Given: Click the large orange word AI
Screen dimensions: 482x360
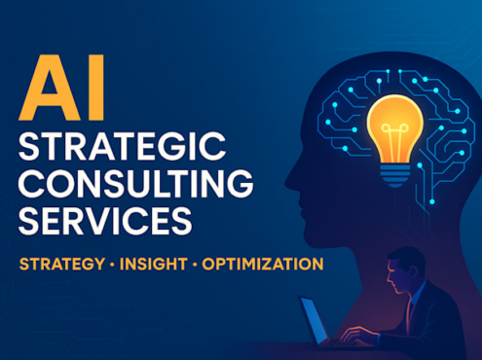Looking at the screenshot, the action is tap(61, 88).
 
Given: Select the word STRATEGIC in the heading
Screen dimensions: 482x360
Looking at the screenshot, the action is tap(122, 146).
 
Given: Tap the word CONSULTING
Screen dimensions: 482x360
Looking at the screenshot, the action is tap(135, 183).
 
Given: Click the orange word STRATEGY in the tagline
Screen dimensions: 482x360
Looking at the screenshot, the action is tap(62, 264).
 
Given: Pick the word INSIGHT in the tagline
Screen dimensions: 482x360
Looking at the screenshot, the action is tap(154, 264).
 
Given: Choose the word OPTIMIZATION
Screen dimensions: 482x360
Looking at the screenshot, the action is tap(263, 264).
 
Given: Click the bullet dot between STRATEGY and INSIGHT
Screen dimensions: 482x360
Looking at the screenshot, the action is tap(112, 265).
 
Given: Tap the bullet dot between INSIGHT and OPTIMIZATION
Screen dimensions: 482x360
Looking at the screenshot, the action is tap(195, 265).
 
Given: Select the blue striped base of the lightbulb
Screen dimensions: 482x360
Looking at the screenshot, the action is tap(395, 175).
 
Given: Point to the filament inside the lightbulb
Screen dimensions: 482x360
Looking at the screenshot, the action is tap(394, 139).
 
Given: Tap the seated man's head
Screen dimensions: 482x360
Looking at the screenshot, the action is tap(405, 270).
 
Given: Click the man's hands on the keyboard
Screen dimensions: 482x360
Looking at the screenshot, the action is tap(356, 337).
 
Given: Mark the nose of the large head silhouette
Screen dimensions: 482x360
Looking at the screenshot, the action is tap(290, 182).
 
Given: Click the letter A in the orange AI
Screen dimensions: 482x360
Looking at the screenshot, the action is tap(49, 89).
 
